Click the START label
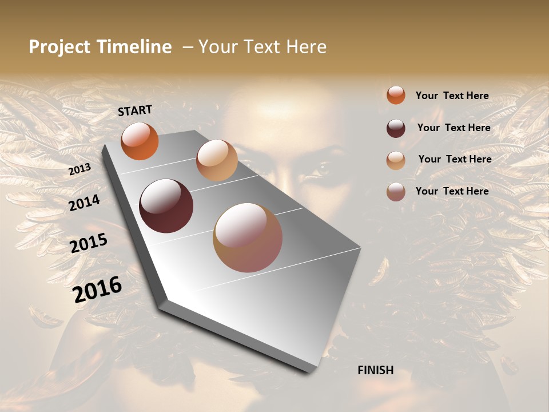(x=135, y=110)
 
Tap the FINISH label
(x=376, y=370)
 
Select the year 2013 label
(x=79, y=169)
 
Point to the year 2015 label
(x=89, y=243)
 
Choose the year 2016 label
(x=97, y=290)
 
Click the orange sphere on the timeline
(x=140, y=141)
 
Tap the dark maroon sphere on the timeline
(x=166, y=206)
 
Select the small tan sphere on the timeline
(x=217, y=160)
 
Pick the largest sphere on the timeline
(x=248, y=237)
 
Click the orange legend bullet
(x=396, y=95)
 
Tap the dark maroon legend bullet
(x=396, y=128)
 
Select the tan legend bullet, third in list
(x=396, y=160)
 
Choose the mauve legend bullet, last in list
(x=396, y=192)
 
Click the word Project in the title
(x=59, y=47)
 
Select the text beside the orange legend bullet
(x=452, y=96)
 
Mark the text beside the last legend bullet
(x=452, y=191)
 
